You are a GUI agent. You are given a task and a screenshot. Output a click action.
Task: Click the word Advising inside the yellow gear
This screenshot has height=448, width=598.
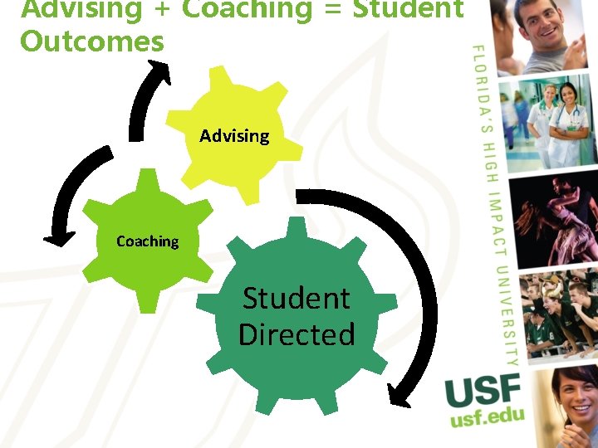pos(234,135)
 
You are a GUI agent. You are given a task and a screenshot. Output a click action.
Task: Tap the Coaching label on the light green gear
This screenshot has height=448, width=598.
pos(147,241)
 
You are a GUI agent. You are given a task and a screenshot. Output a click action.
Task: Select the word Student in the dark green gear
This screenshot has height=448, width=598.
pos(296,298)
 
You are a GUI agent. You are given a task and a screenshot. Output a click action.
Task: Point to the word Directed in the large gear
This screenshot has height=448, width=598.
pos(297,334)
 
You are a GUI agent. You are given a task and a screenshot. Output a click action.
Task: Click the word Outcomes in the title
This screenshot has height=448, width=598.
pos(92,41)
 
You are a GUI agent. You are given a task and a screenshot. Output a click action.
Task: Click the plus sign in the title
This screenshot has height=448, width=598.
pos(162,9)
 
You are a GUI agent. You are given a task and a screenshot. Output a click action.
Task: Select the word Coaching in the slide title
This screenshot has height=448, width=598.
pos(247,9)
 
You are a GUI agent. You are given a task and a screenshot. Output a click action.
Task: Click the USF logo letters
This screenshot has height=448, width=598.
pos(483,390)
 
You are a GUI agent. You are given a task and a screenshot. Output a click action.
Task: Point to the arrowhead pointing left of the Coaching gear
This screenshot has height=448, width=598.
pos(56,240)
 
